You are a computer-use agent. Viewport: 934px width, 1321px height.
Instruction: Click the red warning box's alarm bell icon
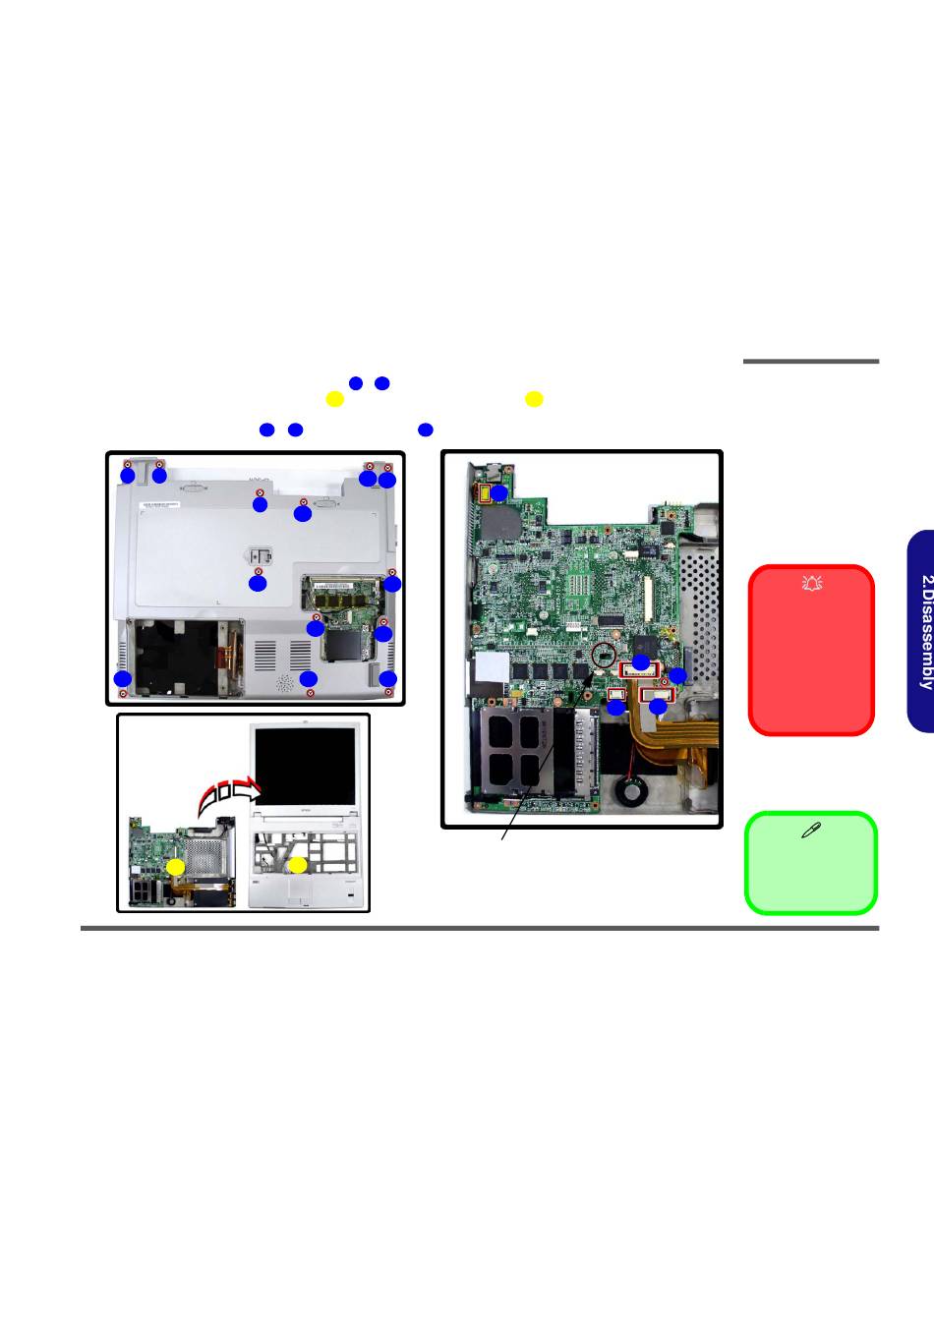(812, 584)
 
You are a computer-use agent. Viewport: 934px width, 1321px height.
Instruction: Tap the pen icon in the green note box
(811, 831)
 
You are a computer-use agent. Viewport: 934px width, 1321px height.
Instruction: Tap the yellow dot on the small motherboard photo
(175, 866)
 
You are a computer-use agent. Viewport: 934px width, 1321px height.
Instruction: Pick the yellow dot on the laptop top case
(297, 865)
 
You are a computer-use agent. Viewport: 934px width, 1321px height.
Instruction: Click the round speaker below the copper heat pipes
(628, 790)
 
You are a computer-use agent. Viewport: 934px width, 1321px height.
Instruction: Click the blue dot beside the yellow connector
(499, 492)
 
